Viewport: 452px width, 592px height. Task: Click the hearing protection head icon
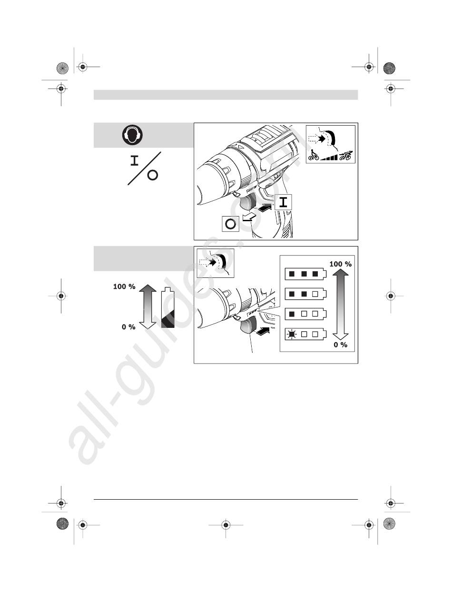pos(132,135)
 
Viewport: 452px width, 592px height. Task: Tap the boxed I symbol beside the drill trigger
pos(283,202)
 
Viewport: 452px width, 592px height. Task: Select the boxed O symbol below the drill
pos(230,224)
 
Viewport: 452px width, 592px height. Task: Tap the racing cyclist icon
pos(345,155)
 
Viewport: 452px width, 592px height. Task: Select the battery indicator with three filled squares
pos(305,274)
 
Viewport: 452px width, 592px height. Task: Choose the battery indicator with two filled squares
pos(305,294)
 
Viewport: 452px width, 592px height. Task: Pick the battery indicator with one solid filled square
pos(305,314)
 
